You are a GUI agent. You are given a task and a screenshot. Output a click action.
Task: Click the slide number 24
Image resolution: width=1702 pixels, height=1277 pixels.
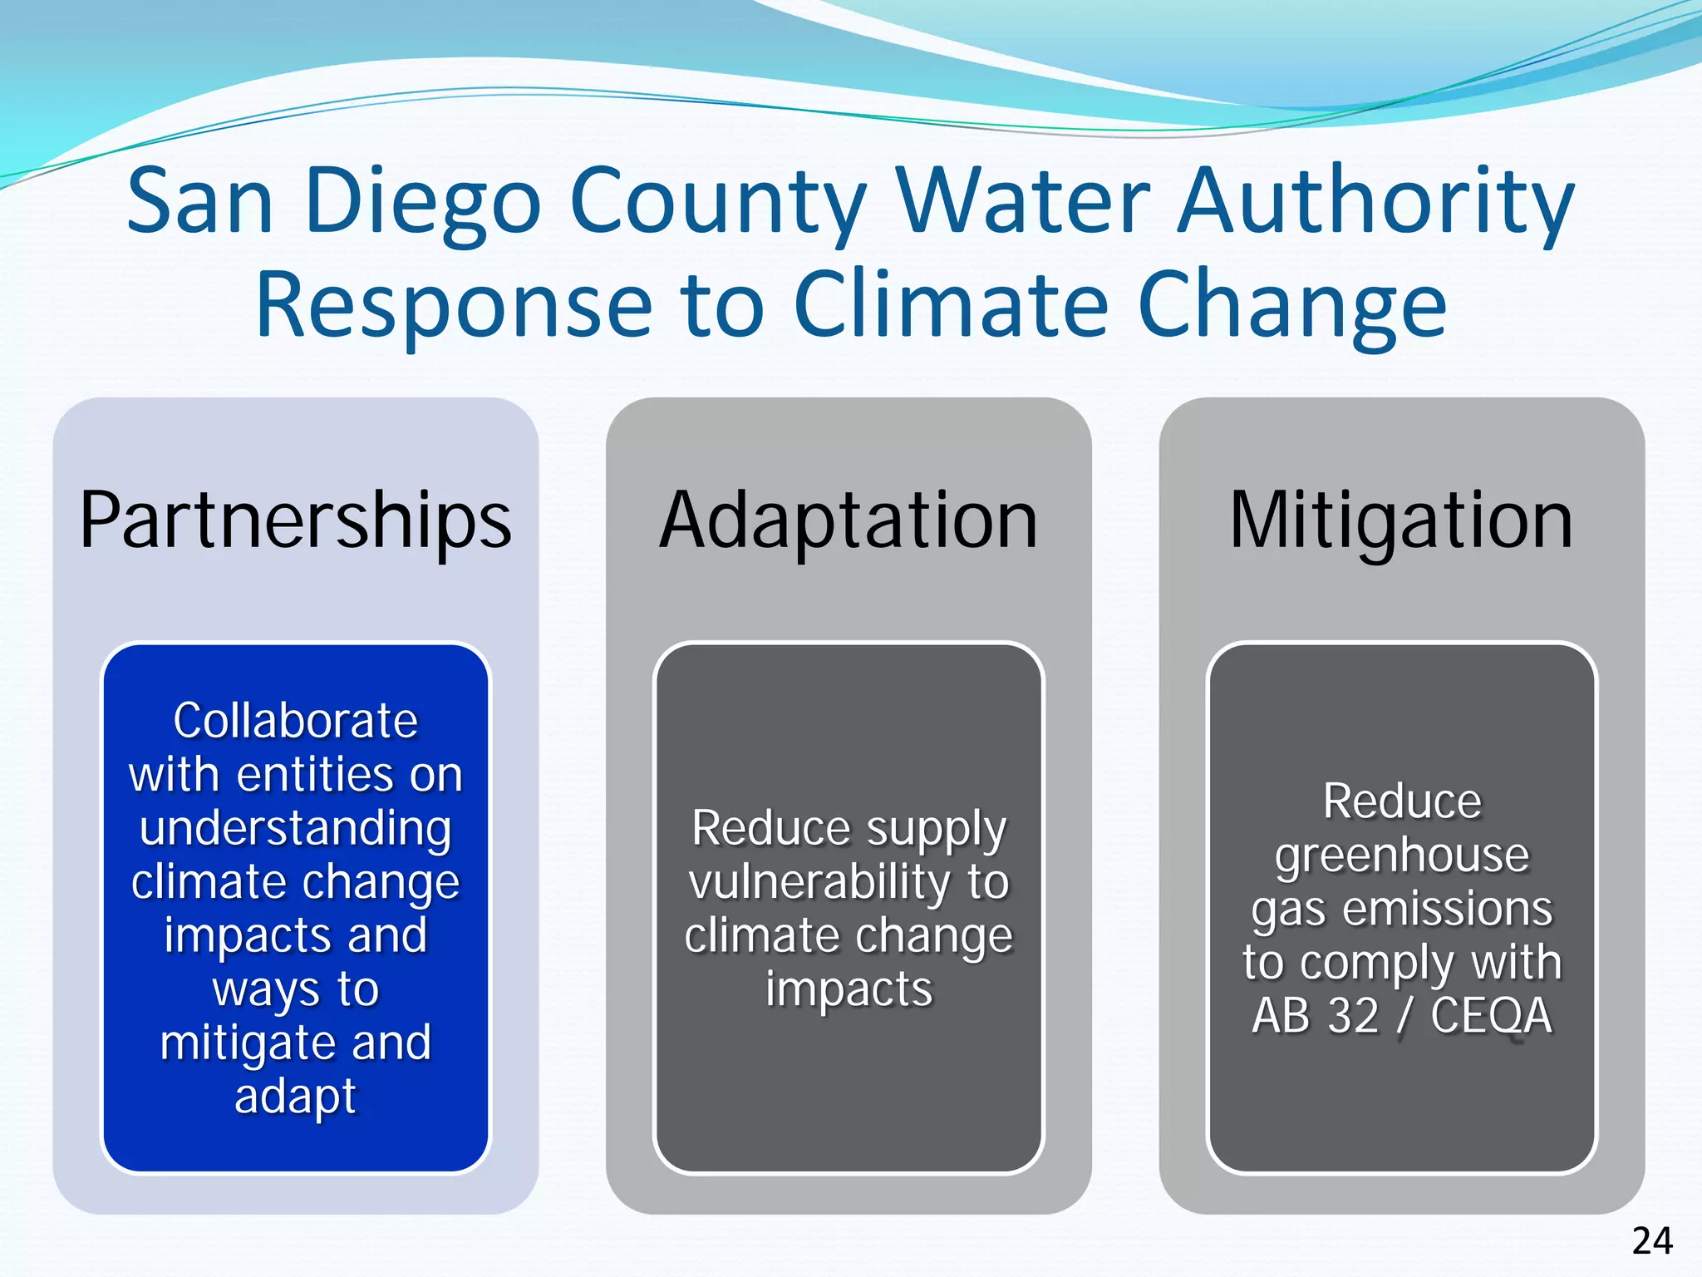click(x=1651, y=1241)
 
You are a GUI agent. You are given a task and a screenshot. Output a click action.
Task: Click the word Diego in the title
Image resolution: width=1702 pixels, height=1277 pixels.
click(x=423, y=202)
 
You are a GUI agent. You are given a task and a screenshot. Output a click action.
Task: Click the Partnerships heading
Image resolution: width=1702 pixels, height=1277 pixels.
click(x=295, y=521)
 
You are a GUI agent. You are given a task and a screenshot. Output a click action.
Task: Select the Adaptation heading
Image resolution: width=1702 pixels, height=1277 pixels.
click(x=849, y=521)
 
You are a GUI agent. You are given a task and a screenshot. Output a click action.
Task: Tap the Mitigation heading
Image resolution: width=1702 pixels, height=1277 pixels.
click(x=1401, y=521)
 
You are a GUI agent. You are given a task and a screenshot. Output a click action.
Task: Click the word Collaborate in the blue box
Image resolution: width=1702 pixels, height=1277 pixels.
click(x=295, y=720)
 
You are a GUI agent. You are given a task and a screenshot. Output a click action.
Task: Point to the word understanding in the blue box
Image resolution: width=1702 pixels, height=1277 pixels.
click(x=295, y=830)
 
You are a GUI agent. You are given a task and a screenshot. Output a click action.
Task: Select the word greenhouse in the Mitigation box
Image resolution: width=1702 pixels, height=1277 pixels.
click(x=1402, y=855)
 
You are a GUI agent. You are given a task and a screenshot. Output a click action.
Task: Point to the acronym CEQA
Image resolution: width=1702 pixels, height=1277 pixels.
click(x=1491, y=1016)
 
